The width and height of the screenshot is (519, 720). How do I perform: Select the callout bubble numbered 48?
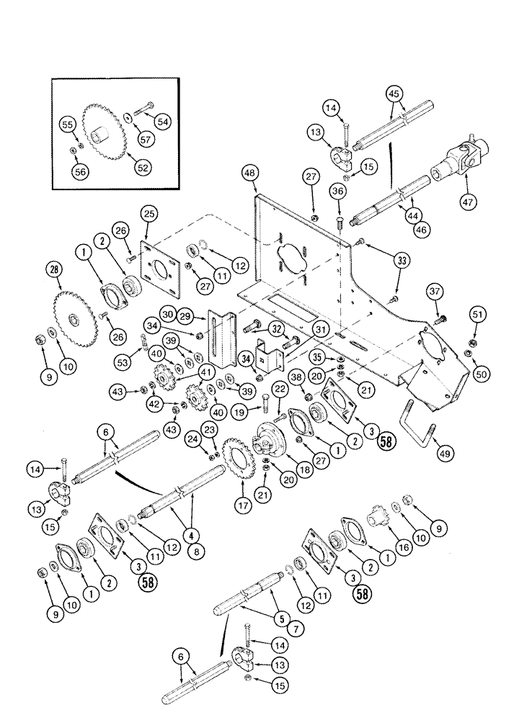[250, 174]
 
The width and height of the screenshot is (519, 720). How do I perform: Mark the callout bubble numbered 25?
[148, 214]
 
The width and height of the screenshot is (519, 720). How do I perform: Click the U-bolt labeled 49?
[420, 424]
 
